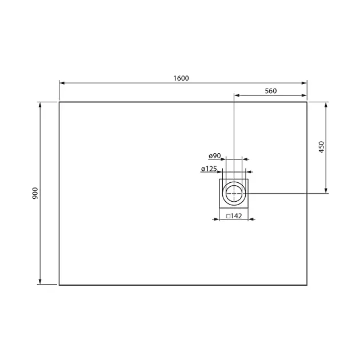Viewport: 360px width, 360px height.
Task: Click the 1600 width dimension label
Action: tap(181, 78)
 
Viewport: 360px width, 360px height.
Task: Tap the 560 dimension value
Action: tap(271, 91)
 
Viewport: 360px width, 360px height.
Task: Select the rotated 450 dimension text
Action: tap(321, 147)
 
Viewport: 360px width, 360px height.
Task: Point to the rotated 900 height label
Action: tap(35, 193)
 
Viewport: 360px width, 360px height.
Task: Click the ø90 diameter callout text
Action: tap(215, 156)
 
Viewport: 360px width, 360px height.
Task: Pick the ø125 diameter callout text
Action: tap(209, 169)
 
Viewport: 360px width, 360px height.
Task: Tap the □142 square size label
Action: tap(234, 216)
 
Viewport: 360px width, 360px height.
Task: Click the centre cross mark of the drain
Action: tap(234, 193)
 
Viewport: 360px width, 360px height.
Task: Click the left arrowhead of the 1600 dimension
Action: tap(62, 83)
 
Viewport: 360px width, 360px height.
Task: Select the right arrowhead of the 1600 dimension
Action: tap(304, 83)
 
